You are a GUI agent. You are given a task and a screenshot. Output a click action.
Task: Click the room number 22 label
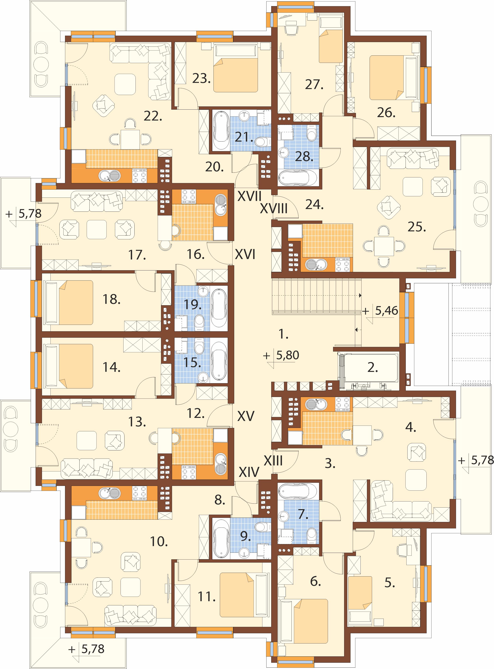pyautogui.click(x=153, y=116)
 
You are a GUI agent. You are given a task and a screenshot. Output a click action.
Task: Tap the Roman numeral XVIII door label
pyautogui.click(x=274, y=209)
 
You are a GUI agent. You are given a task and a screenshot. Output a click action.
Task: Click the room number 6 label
pyautogui.click(x=316, y=581)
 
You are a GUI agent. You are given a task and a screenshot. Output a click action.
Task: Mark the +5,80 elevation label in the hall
pyautogui.click(x=281, y=355)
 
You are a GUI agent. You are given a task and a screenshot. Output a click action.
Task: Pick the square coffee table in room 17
pyautogui.click(x=97, y=229)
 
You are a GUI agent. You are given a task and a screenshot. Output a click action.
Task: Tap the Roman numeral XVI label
pyautogui.click(x=245, y=255)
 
